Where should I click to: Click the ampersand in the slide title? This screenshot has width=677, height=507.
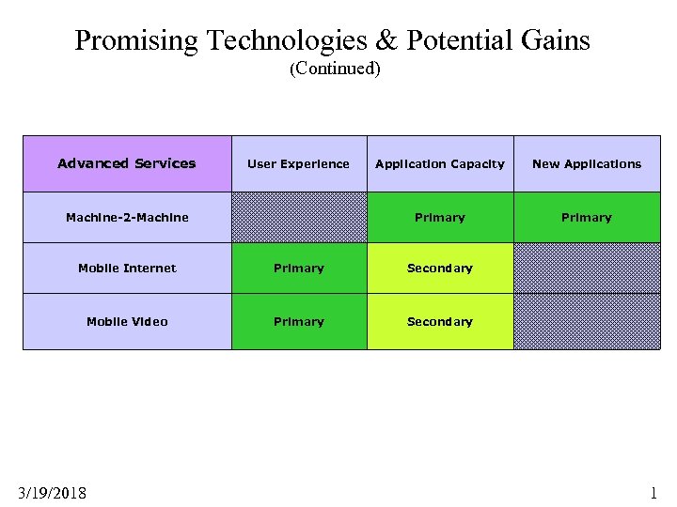pos(386,40)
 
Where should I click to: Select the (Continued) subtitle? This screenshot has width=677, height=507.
pos(335,69)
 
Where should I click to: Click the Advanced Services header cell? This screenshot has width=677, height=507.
pos(127,163)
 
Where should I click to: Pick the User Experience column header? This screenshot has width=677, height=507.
pos(298,163)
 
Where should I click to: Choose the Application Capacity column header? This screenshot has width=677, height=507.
pos(440,163)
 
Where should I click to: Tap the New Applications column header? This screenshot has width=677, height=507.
pos(587,163)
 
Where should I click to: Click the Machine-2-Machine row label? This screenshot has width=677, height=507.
pos(127,217)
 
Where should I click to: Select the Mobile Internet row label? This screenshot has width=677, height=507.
pos(127,268)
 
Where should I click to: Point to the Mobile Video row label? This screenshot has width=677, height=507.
pos(127,321)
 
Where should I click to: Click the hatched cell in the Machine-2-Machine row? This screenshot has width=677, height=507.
pos(299,217)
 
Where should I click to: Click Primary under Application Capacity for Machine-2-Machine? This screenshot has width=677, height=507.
pos(440,217)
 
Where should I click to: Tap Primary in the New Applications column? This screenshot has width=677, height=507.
pos(587,217)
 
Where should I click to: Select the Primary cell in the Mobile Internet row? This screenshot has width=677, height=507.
pos(299,268)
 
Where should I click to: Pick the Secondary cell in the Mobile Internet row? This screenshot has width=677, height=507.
pos(440,268)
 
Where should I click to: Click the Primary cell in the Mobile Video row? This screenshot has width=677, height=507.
pos(299,321)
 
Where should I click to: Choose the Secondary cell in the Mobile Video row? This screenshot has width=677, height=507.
pos(440,321)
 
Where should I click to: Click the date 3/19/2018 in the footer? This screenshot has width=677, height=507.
pos(52,493)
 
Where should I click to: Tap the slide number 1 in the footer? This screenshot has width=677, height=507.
pos(653,493)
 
